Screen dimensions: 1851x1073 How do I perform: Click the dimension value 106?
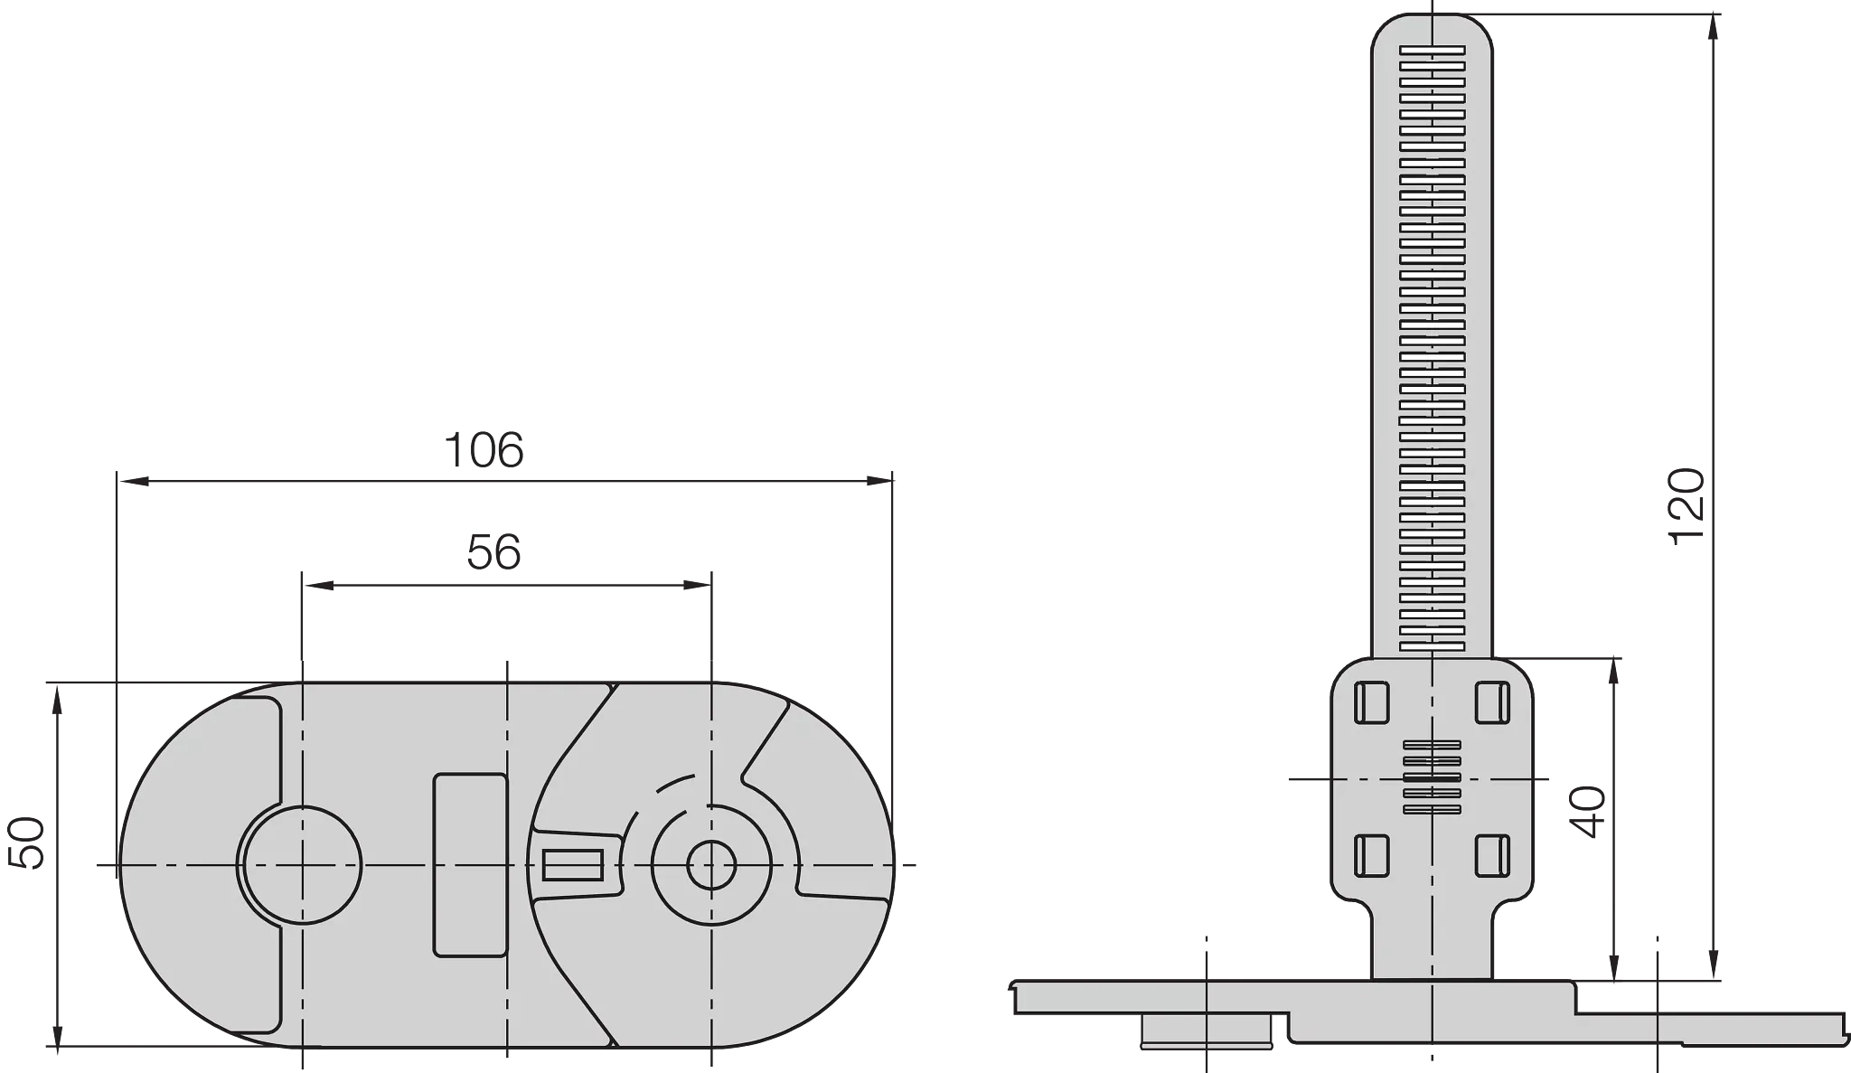(x=484, y=450)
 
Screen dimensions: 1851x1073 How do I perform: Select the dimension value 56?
(x=493, y=552)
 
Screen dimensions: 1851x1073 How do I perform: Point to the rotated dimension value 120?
(x=1687, y=506)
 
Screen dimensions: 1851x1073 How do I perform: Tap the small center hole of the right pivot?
(x=711, y=865)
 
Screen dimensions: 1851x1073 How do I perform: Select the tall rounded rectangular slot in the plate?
(x=470, y=864)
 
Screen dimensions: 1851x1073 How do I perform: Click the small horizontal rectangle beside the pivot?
(x=572, y=865)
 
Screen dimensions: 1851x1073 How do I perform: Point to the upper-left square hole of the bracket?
(x=1371, y=702)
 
